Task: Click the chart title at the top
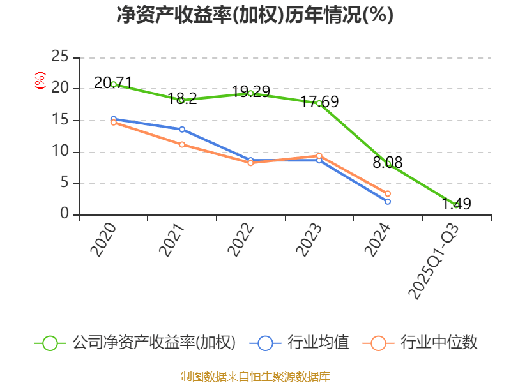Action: pyautogui.click(x=255, y=15)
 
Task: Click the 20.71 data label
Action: pyautogui.click(x=113, y=83)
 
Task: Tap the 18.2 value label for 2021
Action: pyautogui.click(x=182, y=98)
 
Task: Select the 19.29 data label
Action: pyautogui.click(x=250, y=91)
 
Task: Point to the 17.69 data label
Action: pyautogui.click(x=319, y=101)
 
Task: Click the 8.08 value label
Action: pyautogui.click(x=387, y=163)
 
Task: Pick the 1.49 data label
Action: pyautogui.click(x=456, y=204)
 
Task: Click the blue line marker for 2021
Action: pyautogui.click(x=182, y=130)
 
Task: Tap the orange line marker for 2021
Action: pyautogui.click(x=182, y=145)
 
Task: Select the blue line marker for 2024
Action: pyautogui.click(x=387, y=202)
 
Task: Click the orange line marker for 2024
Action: pyautogui.click(x=387, y=193)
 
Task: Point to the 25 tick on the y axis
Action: pyautogui.click(x=60, y=57)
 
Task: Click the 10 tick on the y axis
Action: pyautogui.click(x=60, y=152)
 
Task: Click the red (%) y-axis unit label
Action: pyautogui.click(x=40, y=80)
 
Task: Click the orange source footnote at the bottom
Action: pyautogui.click(x=255, y=376)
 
